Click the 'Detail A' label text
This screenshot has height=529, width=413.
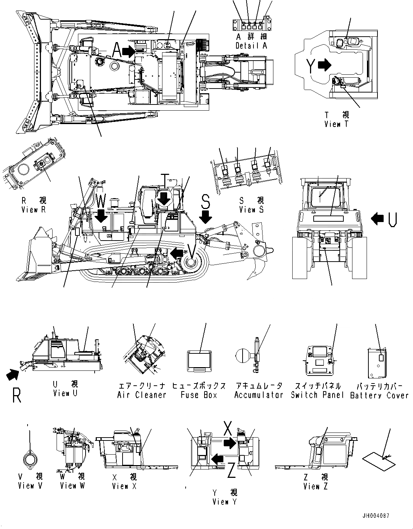[x=251, y=46]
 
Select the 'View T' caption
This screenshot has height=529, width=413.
[x=336, y=124]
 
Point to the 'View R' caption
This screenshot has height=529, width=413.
[x=33, y=209]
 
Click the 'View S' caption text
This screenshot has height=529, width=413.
[x=251, y=209]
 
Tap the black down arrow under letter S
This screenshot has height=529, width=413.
[x=206, y=217]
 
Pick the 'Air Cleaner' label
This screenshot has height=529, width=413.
[x=141, y=395]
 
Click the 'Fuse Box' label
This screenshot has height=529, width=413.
[x=199, y=395]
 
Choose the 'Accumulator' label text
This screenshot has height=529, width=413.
[x=259, y=395]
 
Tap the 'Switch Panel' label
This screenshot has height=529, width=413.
[x=317, y=395]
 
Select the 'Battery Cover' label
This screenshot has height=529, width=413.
[x=379, y=395]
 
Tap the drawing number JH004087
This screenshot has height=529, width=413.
[x=375, y=515]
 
